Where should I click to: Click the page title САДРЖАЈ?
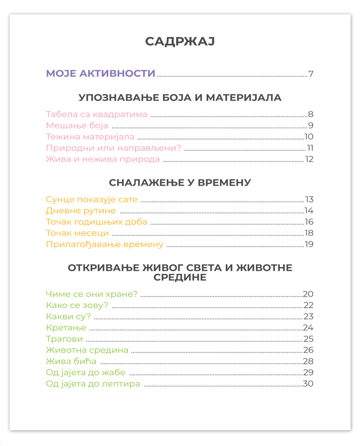tap(180, 42)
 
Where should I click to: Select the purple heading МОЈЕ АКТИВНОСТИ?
tap(100, 74)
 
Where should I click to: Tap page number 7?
tap(311, 74)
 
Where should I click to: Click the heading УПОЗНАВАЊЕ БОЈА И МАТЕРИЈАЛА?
tap(180, 98)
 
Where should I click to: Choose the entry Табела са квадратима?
tap(96, 115)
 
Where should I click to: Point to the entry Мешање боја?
tap(77, 126)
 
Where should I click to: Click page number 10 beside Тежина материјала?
tap(308, 137)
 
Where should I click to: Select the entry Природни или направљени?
tap(114, 148)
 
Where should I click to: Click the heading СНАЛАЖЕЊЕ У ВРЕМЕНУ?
tap(180, 183)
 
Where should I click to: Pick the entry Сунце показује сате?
tap(92, 199)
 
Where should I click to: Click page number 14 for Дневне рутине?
tap(308, 211)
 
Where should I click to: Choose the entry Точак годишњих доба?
tap(96, 222)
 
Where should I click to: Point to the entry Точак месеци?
tap(77, 233)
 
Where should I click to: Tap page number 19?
tap(308, 244)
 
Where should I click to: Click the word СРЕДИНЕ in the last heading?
tap(180, 277)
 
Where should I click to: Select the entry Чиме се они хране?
tap(92, 294)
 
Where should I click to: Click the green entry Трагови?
tap(64, 339)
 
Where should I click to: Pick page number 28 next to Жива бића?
tap(308, 362)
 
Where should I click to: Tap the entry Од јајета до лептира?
tap(93, 384)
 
